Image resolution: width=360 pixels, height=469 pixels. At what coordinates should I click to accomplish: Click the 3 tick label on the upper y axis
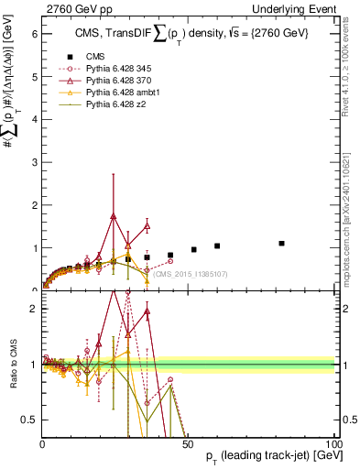pos(33,162)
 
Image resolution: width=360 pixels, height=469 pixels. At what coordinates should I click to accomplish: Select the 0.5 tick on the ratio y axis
pos(29,420)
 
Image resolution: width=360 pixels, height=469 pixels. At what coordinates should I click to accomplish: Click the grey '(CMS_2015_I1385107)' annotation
pos(190,274)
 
